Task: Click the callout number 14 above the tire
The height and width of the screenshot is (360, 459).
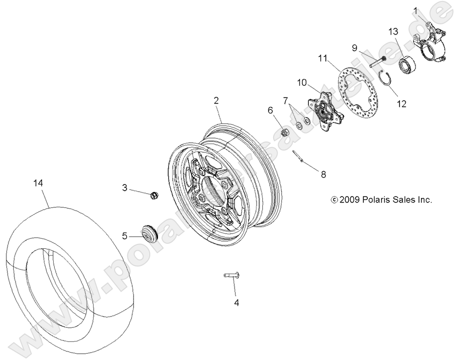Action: (38, 183)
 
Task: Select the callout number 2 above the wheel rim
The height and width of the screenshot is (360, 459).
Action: (216, 100)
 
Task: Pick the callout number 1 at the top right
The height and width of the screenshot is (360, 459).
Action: (416, 10)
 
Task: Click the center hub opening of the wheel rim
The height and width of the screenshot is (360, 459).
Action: (211, 186)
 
